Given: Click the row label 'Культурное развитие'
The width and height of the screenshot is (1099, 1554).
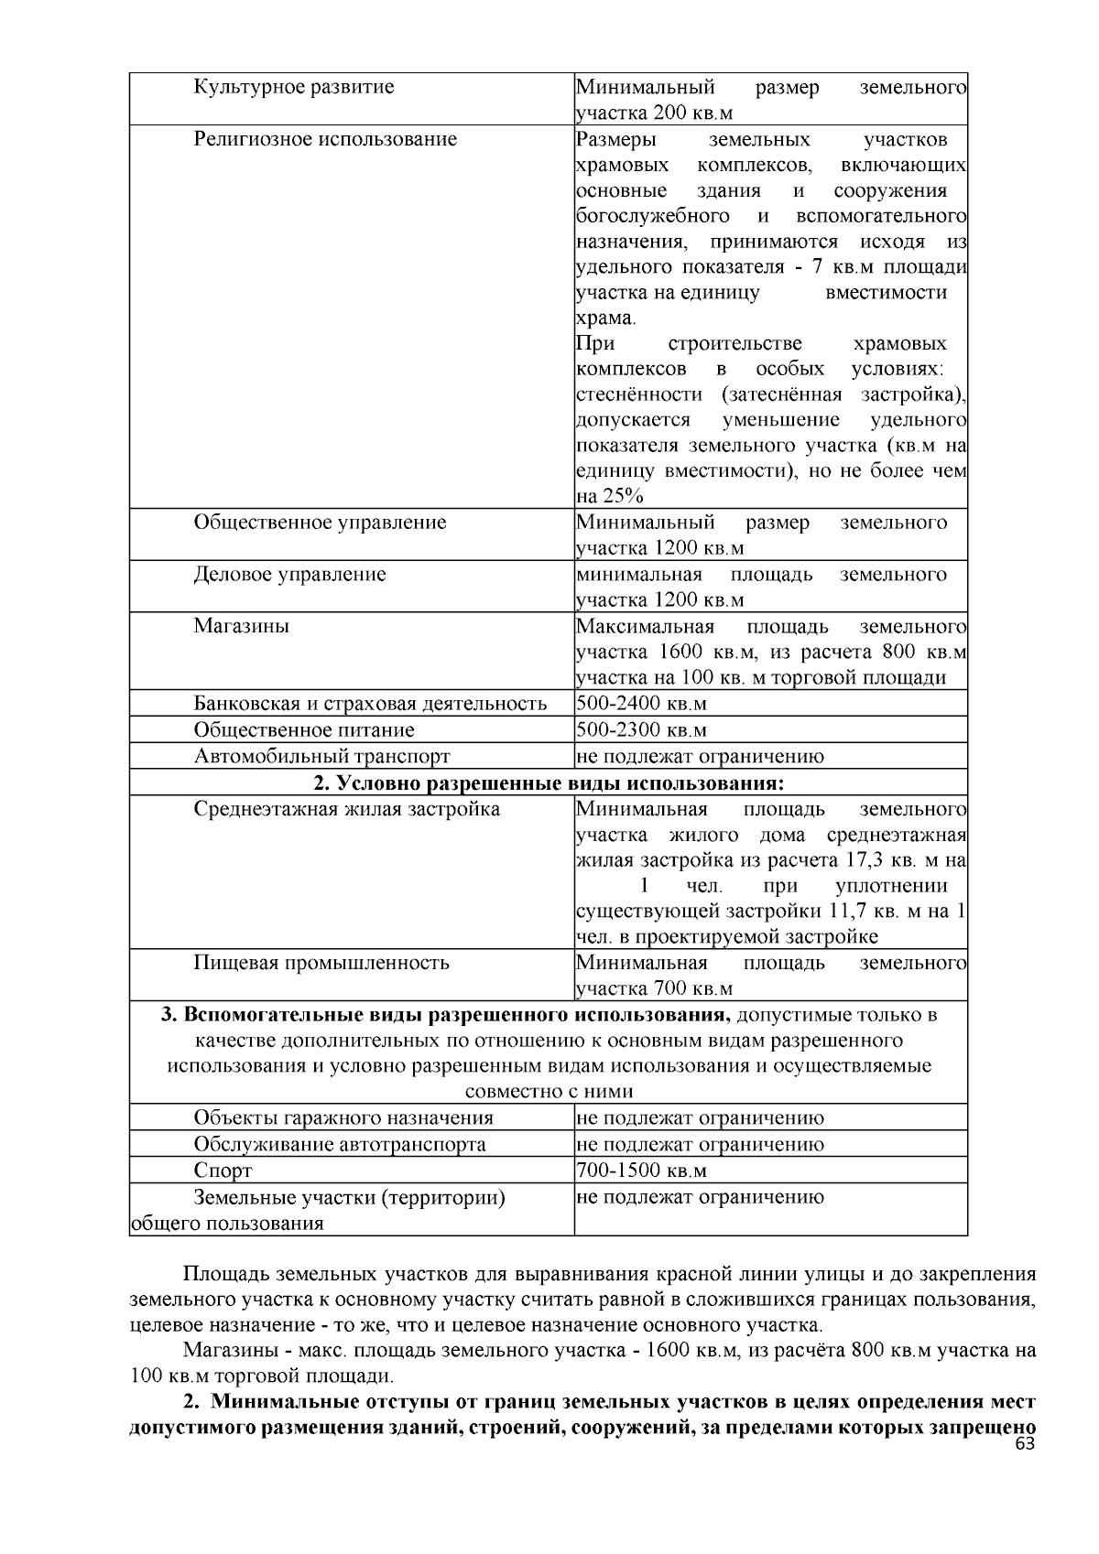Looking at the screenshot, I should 294,88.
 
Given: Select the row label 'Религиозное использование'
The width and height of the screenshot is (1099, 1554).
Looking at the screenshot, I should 325,140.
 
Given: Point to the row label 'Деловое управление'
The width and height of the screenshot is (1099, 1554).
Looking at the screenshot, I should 289,575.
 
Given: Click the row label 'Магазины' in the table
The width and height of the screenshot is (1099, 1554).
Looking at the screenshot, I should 241,627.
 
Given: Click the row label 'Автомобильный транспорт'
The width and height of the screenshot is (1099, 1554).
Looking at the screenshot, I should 321,757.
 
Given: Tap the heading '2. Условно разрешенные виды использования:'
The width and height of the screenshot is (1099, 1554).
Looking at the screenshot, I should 549,783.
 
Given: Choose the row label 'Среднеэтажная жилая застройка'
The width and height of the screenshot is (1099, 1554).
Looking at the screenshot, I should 346,810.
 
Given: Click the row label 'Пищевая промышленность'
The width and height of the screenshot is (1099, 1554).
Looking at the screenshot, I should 321,964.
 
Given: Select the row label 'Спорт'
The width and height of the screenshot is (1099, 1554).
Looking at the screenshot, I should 223,1171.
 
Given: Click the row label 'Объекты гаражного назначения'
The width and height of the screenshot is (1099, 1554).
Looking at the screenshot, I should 343,1118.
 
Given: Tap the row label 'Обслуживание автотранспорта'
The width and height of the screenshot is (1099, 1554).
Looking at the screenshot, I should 340,1145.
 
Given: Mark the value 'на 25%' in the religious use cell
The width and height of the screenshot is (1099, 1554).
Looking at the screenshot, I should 610,497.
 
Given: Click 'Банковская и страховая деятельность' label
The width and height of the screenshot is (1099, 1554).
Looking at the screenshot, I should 370,704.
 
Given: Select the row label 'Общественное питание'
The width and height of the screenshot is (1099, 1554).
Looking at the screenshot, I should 304,730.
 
